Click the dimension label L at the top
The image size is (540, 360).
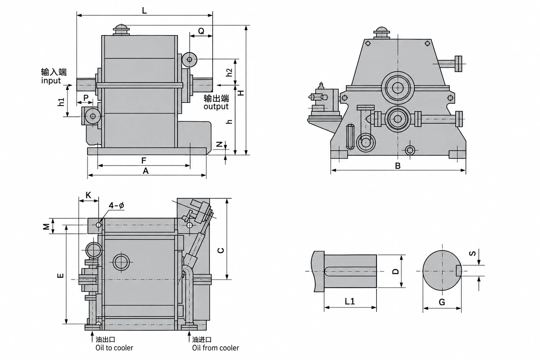pyautogui.click(x=144, y=10)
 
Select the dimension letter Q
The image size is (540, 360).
pyautogui.click(x=201, y=31)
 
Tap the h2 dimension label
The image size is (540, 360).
pyautogui.click(x=230, y=72)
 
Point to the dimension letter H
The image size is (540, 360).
pyautogui.click(x=241, y=93)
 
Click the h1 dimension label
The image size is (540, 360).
pyautogui.click(x=61, y=102)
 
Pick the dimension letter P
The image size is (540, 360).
pyautogui.click(x=86, y=98)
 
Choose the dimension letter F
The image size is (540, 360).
pyautogui.click(x=144, y=160)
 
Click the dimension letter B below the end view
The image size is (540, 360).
pyautogui.click(x=398, y=166)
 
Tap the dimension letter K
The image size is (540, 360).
pyautogui.click(x=89, y=195)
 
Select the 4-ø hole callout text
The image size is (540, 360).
pyautogui.click(x=116, y=205)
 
